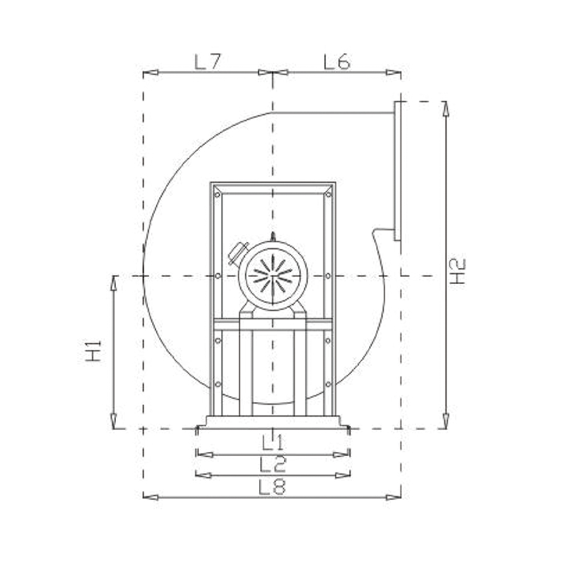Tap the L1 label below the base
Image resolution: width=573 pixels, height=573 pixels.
click(272, 441)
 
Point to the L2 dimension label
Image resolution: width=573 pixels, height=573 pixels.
click(272, 463)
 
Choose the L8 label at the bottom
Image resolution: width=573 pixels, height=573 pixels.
click(272, 486)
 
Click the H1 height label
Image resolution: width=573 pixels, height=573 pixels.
click(94, 351)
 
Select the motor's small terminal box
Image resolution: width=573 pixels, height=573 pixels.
click(238, 253)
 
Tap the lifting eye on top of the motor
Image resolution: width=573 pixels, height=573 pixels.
click(273, 237)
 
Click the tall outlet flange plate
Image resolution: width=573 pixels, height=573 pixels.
click(398, 171)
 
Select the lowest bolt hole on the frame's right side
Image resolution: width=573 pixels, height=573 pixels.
click(328, 384)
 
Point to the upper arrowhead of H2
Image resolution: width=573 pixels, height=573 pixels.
click(446, 108)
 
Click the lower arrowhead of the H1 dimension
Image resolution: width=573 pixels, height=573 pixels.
click(114, 421)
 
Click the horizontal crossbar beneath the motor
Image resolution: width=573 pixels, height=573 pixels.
click(273, 325)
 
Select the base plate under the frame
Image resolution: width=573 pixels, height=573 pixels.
click(273, 421)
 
